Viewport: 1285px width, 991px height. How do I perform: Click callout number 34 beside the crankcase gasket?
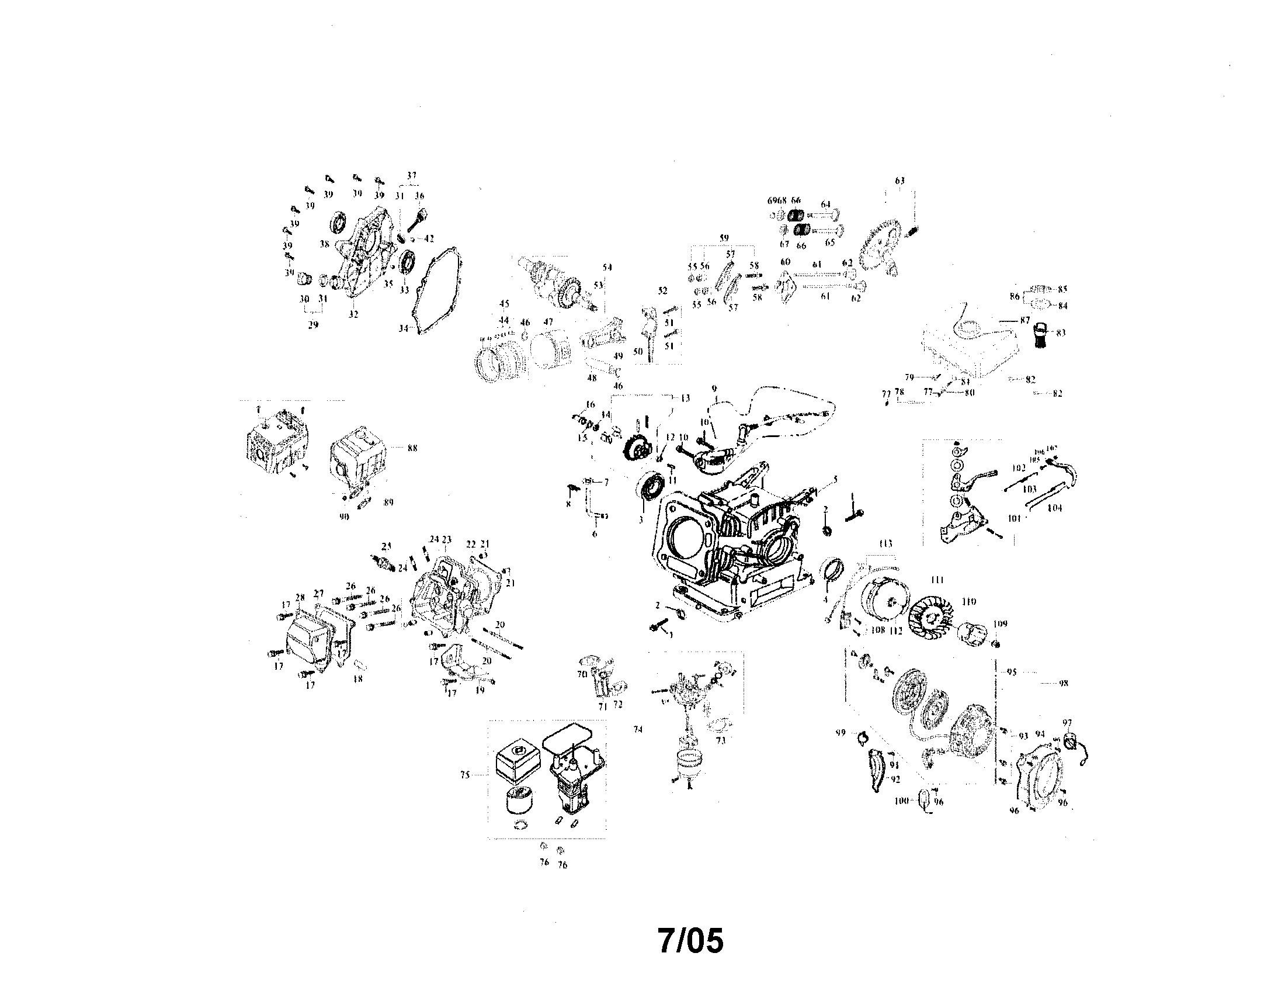coord(403,328)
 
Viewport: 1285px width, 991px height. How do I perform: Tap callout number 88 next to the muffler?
coord(412,448)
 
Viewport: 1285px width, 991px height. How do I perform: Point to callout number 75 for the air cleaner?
coord(465,775)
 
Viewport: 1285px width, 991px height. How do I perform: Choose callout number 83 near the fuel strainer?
coord(1061,333)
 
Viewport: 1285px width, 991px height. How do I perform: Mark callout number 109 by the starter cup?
coord(999,624)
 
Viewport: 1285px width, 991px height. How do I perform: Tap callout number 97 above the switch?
coord(1068,723)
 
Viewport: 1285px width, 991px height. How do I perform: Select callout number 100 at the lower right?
coord(901,801)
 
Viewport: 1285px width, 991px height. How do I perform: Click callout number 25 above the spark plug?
coord(387,546)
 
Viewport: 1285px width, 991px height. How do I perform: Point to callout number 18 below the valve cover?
coord(357,678)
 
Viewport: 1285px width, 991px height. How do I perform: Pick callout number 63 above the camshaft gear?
coord(900,181)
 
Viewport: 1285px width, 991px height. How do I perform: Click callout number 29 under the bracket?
coord(313,324)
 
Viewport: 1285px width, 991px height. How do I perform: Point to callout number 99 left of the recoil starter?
coord(841,733)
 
